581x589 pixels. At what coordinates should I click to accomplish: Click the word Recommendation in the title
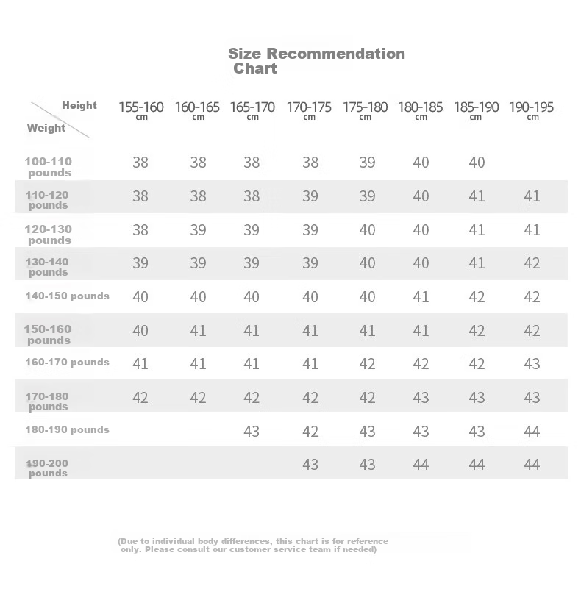pyautogui.click(x=335, y=53)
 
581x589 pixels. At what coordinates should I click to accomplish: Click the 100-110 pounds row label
pyautogui.click(x=49, y=167)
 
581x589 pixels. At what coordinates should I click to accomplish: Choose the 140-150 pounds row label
pyautogui.click(x=67, y=296)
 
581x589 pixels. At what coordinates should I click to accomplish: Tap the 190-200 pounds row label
pyautogui.click(x=49, y=468)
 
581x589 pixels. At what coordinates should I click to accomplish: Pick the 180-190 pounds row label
pyautogui.click(x=67, y=429)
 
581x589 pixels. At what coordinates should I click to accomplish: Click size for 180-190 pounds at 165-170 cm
pyautogui.click(x=252, y=431)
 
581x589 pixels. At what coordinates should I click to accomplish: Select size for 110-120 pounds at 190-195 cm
pyautogui.click(x=532, y=196)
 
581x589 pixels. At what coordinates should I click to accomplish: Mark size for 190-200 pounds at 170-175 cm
pyautogui.click(x=310, y=465)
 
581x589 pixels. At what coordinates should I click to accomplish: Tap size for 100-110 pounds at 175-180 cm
pyautogui.click(x=367, y=163)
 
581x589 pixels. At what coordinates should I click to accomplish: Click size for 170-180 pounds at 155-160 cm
pyautogui.click(x=140, y=398)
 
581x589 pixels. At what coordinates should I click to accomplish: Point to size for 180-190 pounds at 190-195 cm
pyautogui.click(x=532, y=431)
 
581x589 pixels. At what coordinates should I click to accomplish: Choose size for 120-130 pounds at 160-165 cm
pyautogui.click(x=198, y=230)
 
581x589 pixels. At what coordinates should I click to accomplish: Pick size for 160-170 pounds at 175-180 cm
pyautogui.click(x=367, y=364)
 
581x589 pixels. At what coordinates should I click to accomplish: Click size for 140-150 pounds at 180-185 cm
pyautogui.click(x=421, y=297)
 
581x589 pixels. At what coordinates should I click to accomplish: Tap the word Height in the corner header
pyautogui.click(x=79, y=105)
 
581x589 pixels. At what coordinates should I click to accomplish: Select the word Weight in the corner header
pyautogui.click(x=46, y=128)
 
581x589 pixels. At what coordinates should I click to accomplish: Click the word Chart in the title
pyautogui.click(x=255, y=68)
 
